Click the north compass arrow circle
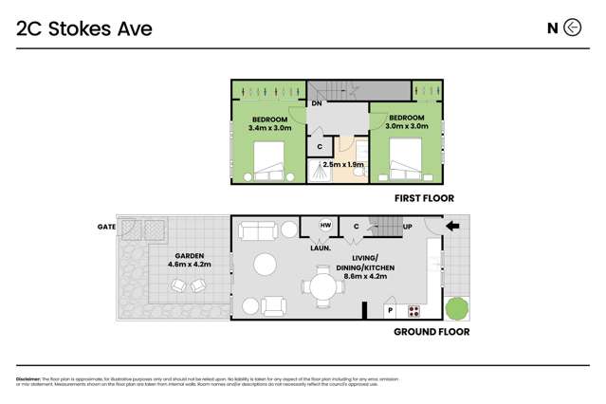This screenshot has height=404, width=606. (x=572, y=28)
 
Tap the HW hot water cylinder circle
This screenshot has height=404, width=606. (x=325, y=226)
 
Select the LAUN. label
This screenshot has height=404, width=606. (x=321, y=248)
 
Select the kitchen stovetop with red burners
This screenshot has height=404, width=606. (x=414, y=310)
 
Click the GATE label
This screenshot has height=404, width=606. (x=104, y=228)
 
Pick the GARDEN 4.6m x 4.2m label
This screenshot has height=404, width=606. (x=190, y=261)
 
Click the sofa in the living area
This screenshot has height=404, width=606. (x=256, y=230)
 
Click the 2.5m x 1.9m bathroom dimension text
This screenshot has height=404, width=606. (x=343, y=164)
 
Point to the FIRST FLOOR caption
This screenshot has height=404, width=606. (x=424, y=199)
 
